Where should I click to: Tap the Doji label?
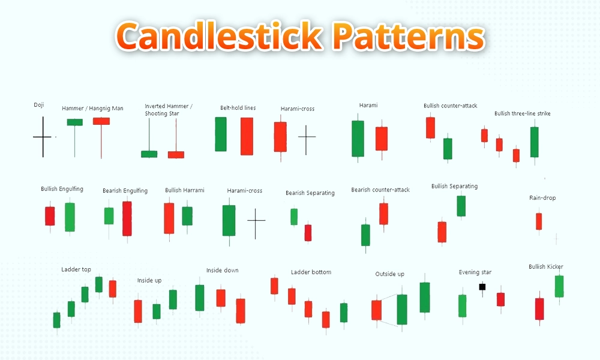(39, 105)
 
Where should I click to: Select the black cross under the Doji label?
(43, 137)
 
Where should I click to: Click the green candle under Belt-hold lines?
(221, 134)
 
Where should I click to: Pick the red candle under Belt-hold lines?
(247, 136)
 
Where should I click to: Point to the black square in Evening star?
(482, 287)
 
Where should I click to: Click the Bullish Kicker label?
(545, 266)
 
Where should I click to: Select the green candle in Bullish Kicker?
(559, 286)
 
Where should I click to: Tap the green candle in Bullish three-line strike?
(534, 142)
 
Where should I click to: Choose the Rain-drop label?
(542, 197)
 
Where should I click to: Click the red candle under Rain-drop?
(539, 221)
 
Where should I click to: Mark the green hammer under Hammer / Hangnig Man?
(75, 122)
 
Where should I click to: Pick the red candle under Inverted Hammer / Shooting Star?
(176, 154)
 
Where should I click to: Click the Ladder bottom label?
(311, 272)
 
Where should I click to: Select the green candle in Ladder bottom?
(344, 313)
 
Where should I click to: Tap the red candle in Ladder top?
(112, 289)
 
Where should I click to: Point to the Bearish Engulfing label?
(125, 191)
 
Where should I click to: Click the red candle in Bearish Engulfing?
(127, 218)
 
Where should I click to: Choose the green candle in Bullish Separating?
(461, 206)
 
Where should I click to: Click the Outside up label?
(389, 274)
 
